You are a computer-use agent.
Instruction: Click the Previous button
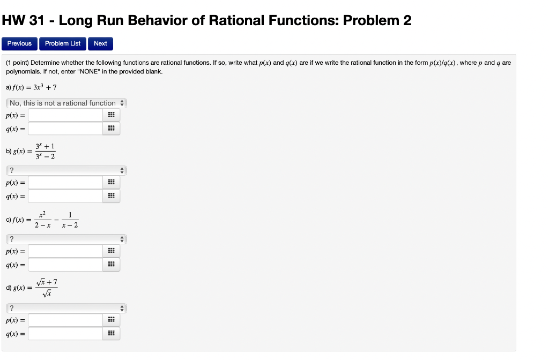pos(19,43)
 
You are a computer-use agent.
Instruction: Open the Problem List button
pos(63,43)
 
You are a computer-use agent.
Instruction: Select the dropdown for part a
pos(66,103)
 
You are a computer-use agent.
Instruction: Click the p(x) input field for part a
pos(65,115)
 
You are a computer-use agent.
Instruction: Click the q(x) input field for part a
pos(65,129)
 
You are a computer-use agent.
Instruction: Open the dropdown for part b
pos(66,171)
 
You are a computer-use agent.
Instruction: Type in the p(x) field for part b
pos(65,183)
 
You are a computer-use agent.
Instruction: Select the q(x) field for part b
pos(65,196)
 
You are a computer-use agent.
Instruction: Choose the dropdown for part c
pos(66,239)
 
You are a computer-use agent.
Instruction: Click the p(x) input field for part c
pos(65,251)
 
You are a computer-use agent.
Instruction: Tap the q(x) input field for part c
pos(65,265)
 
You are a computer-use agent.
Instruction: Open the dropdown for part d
pos(66,308)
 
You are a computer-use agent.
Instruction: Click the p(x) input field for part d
pos(65,320)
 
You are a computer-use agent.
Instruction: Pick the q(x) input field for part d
pos(65,333)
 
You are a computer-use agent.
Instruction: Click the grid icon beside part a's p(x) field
pos(112,115)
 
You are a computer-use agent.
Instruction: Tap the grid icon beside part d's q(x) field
pos(112,333)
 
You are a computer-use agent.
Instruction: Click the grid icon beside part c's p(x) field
pos(112,251)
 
